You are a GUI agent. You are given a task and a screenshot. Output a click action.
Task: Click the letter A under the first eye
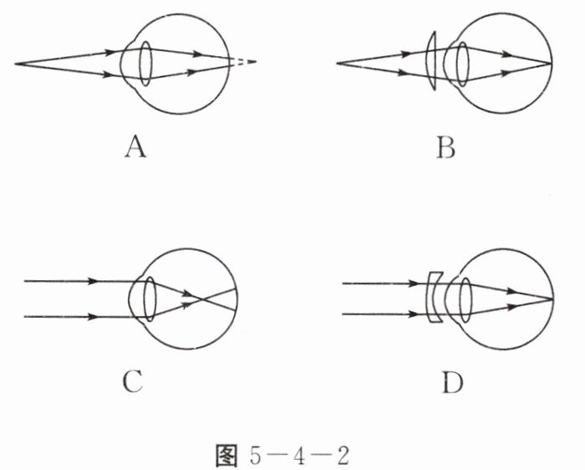(135, 149)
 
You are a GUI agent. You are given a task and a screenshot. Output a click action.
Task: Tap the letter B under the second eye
(445, 149)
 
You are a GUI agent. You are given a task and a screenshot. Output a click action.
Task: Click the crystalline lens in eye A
(145, 64)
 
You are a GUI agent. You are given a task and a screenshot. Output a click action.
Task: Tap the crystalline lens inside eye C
(150, 299)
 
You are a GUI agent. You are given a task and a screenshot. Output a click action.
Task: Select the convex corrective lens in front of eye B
(431, 63)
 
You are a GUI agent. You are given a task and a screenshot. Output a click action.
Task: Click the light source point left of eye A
(16, 64)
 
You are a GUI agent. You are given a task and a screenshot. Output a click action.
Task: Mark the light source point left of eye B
(337, 64)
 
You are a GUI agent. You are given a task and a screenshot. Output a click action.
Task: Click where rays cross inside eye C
(195, 298)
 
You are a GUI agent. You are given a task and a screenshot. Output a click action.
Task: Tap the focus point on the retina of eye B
(551, 64)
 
